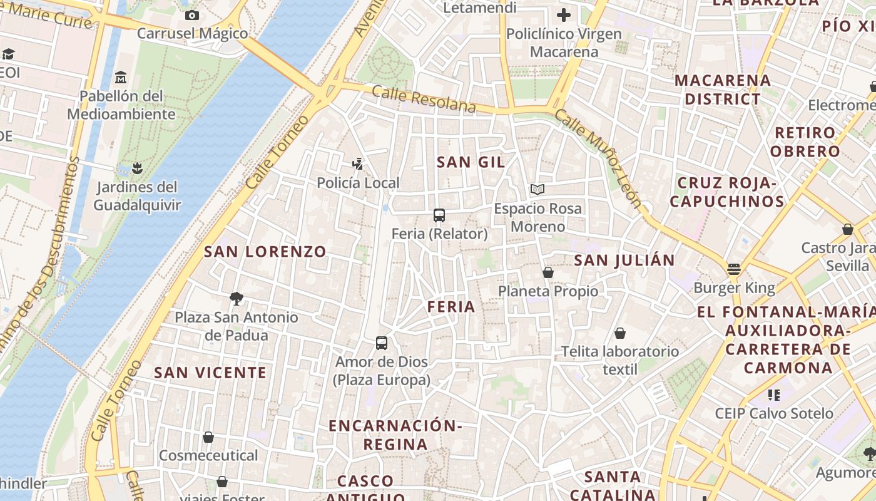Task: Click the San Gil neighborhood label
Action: point(471,162)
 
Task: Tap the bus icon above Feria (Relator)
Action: point(439,215)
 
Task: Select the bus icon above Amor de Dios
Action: point(382,343)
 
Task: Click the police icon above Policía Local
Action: point(357,164)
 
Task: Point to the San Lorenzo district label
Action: point(265,252)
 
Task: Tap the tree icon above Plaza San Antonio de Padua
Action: point(236,299)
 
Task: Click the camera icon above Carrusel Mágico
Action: point(192,15)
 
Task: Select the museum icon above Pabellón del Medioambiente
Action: point(121,78)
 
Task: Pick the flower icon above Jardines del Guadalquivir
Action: point(137,168)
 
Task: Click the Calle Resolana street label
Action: point(424,100)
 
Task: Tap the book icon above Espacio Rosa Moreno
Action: point(537,189)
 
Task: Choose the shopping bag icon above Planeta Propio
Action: point(548,272)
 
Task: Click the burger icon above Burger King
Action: point(734,269)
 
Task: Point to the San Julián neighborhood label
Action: point(624,261)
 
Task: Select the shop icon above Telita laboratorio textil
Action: point(620,333)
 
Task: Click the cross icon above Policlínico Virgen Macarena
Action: point(564,15)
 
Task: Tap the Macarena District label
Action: point(722,90)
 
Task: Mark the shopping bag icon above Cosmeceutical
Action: point(208,437)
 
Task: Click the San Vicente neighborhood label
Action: point(210,373)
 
